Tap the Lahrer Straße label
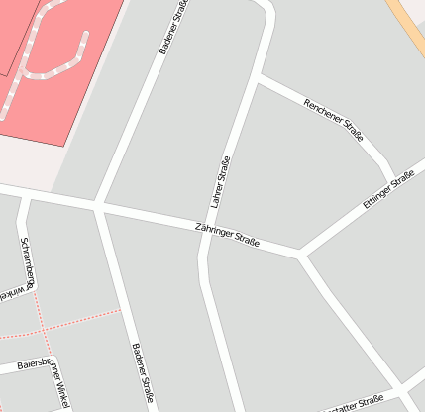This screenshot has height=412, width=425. pos(221,181)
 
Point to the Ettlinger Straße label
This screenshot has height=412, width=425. pos(388,189)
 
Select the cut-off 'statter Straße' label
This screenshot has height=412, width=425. pos(357,402)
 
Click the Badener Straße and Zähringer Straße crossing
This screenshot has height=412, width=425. pos(98,205)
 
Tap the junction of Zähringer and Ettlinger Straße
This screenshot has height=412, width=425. pos(301,253)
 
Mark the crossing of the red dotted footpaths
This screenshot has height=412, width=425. pos(44,329)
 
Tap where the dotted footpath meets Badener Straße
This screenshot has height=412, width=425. pos(121,310)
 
